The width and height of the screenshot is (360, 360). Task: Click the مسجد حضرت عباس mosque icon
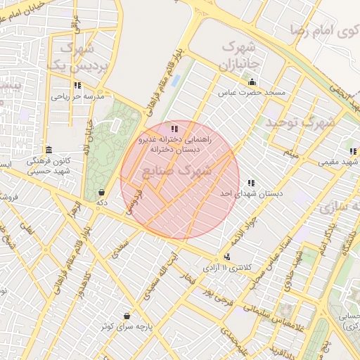252,82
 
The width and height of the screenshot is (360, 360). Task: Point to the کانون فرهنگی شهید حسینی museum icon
48,150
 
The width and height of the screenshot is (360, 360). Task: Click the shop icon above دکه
102,192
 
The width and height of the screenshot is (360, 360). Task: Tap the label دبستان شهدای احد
250,193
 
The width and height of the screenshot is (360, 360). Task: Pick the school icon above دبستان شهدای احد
251,183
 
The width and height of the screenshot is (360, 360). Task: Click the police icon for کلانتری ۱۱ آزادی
227,257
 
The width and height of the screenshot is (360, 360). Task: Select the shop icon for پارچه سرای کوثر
127,317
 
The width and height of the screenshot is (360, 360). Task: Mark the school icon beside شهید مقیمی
352,152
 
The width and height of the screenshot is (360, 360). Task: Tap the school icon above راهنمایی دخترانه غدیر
174,129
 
